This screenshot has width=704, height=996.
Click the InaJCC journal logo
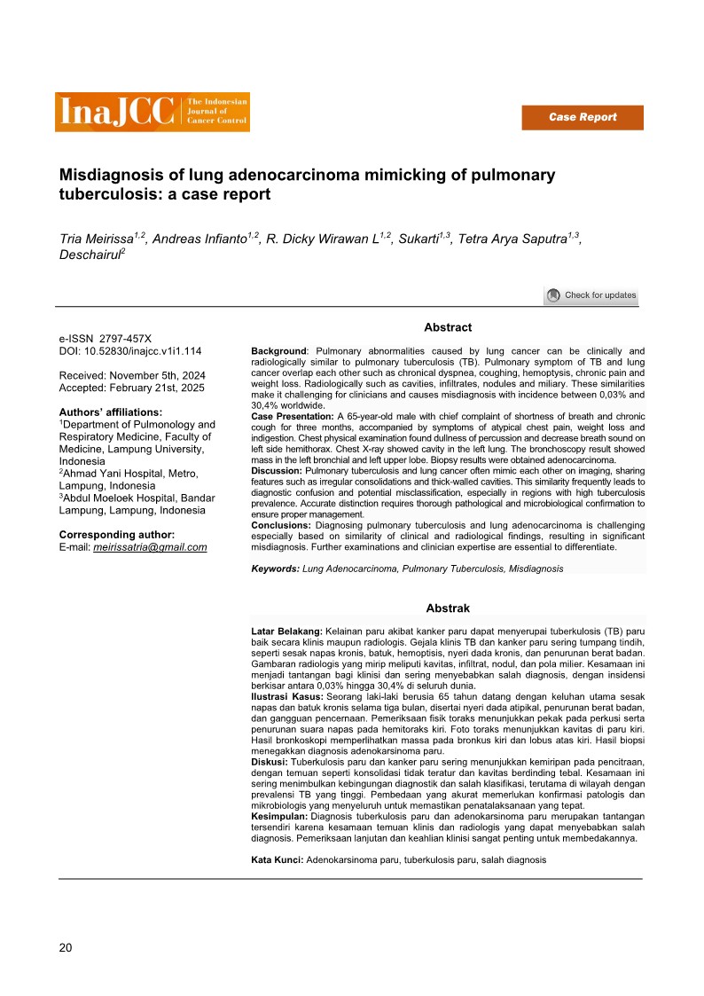point(152,112)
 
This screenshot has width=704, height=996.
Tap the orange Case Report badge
point(582,117)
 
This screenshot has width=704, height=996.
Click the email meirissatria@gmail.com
point(150,547)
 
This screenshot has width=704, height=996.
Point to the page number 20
point(66,947)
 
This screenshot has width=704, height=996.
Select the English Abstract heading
point(448,328)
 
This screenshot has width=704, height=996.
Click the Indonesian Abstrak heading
point(448,608)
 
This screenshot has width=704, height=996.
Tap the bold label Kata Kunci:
point(278,860)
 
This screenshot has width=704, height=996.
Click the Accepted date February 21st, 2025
point(167,388)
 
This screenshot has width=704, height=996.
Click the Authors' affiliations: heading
point(111,412)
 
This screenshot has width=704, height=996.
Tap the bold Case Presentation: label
point(293,416)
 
